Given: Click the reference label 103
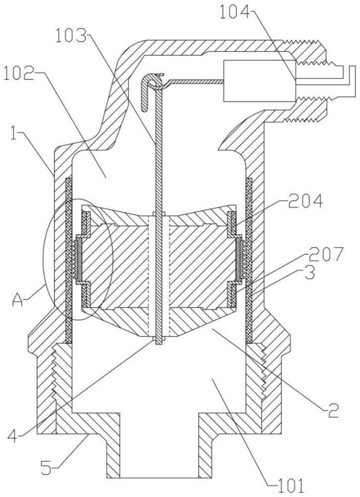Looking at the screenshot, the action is [71, 35].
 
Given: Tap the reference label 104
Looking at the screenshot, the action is [235, 13].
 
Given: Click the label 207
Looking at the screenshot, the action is [326, 254].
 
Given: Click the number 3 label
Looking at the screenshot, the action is [309, 272].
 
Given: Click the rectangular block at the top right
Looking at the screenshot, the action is [260, 81].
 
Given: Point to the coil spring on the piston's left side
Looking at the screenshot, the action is [76, 259].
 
